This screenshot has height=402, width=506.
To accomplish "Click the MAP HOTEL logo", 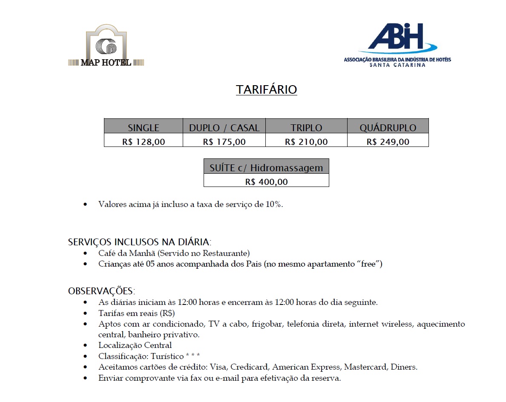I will [x=106, y=46].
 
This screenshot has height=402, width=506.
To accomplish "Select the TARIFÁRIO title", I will [x=266, y=90].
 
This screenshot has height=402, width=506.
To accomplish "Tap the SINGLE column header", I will [x=144, y=128].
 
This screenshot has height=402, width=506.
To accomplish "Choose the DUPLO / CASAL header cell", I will [x=224, y=128].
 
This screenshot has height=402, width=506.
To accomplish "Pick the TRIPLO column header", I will [x=306, y=128].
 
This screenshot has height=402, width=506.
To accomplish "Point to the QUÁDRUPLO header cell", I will [x=388, y=128].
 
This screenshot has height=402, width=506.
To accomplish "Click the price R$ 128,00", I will [x=144, y=142].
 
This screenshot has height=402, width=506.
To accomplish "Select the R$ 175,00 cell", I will [x=224, y=142].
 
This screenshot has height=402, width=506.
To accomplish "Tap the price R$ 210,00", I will [x=306, y=142].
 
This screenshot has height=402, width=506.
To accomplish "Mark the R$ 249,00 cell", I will [x=388, y=142].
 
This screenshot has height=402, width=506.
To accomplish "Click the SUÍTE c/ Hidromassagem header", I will [x=266, y=167].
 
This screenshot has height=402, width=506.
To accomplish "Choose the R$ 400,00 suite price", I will [x=266, y=182].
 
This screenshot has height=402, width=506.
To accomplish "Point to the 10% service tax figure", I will [x=273, y=204].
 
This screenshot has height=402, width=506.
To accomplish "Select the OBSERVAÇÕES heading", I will [x=101, y=291].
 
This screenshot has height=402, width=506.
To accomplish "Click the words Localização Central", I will [x=135, y=345].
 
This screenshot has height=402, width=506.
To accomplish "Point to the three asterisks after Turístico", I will [x=193, y=355].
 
